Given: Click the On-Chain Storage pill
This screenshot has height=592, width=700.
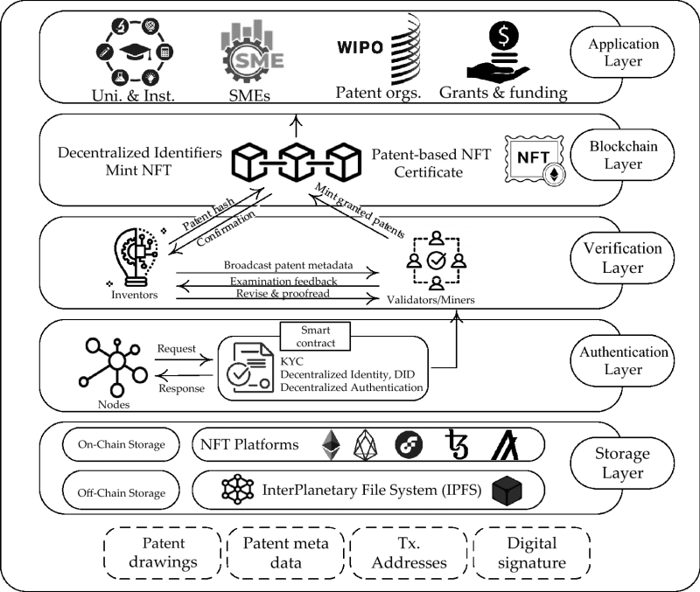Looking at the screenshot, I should pyautogui.click(x=120, y=444).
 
